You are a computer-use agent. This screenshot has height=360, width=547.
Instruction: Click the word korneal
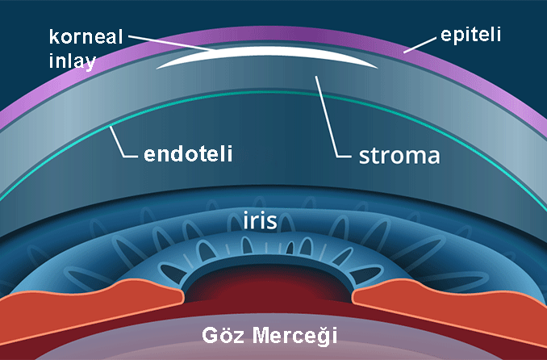(84, 37)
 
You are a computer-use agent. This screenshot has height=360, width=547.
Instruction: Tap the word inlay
(71, 60)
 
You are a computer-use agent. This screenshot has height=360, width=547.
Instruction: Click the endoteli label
(188, 153)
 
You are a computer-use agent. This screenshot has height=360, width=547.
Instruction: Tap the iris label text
(261, 220)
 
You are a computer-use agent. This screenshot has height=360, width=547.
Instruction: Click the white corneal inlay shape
(266, 59)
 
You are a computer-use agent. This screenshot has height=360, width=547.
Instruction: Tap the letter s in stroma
(365, 155)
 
